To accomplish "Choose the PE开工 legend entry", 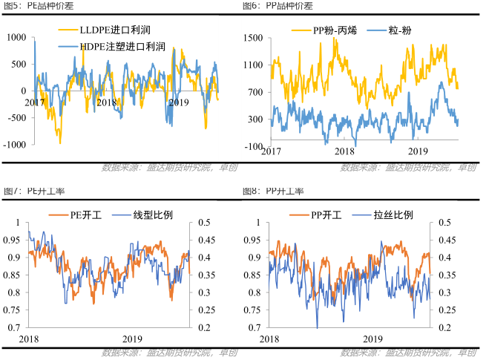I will [85, 215].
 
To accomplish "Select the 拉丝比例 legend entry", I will [394, 215].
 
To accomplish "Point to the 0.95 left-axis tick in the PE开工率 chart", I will [13, 240].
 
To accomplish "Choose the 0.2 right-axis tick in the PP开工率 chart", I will [444, 327].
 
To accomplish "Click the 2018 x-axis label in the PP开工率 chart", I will [271, 338].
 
